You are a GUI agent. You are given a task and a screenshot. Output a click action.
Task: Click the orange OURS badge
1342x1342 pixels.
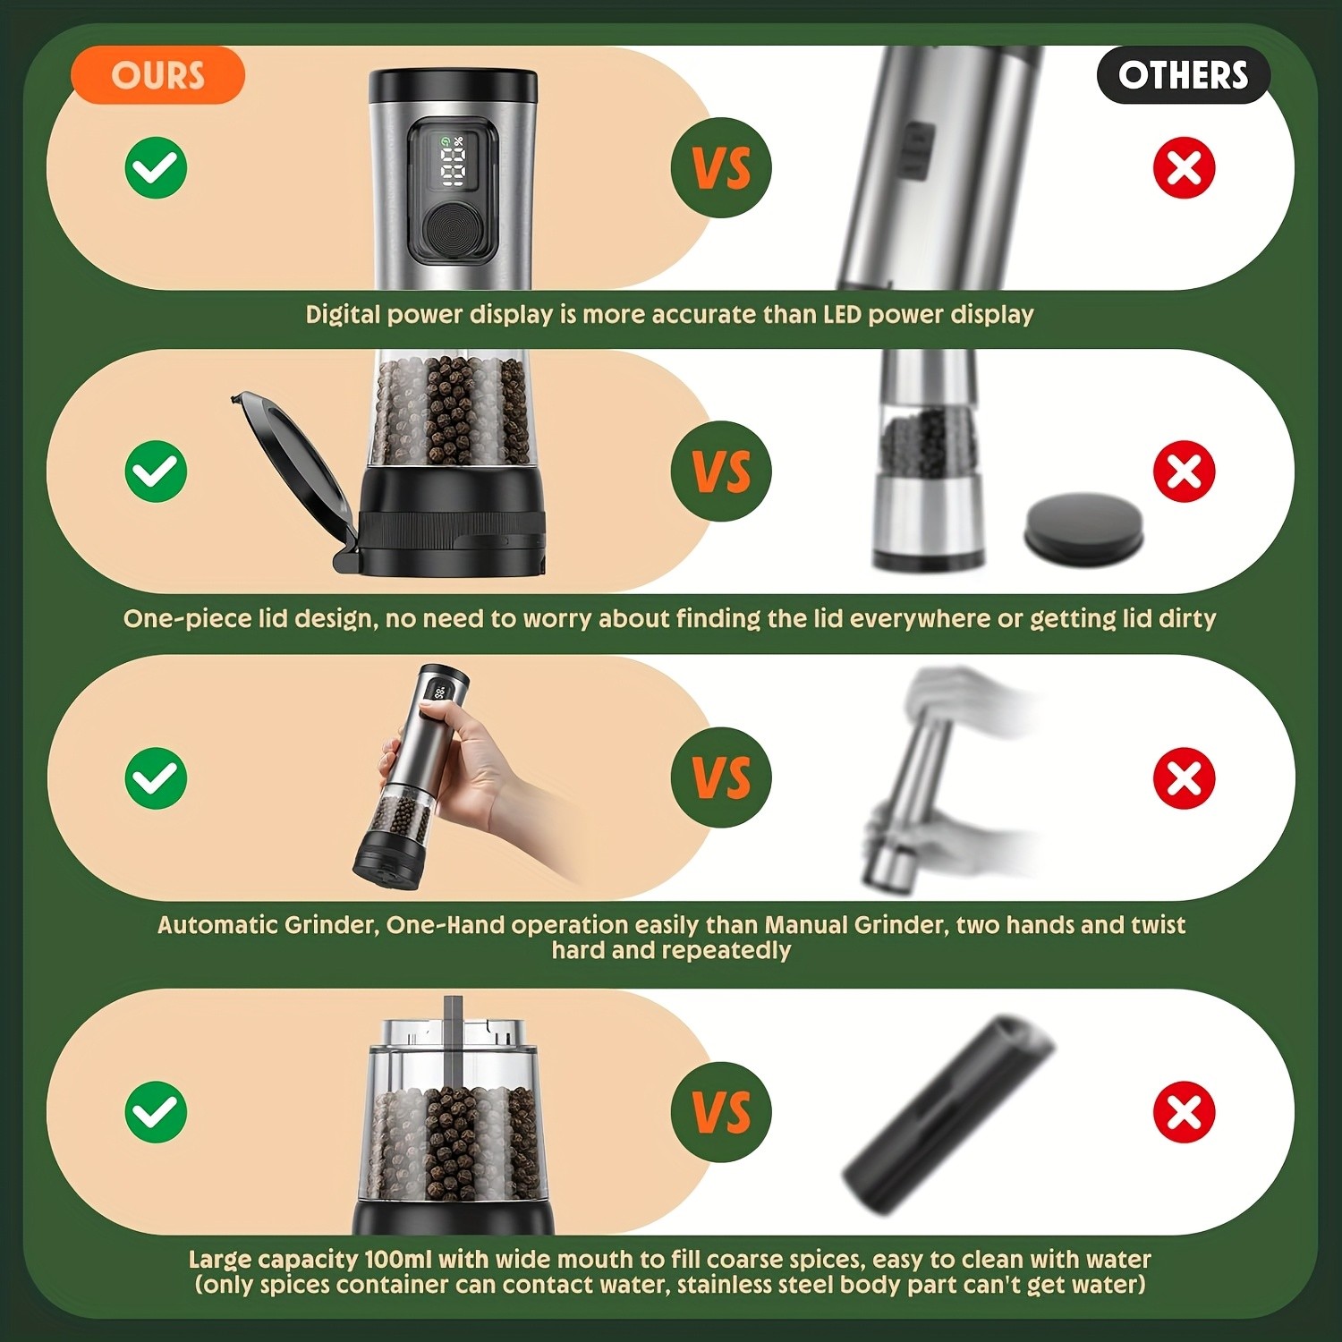coord(157,75)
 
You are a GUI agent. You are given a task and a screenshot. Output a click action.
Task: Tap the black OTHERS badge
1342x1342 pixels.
coord(1183,75)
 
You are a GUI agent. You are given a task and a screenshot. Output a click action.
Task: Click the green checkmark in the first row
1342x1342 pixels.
coord(156,167)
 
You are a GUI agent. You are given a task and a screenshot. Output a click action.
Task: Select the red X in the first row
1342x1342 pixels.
coord(1184,167)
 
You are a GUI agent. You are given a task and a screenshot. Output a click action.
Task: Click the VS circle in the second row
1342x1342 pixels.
coord(721,471)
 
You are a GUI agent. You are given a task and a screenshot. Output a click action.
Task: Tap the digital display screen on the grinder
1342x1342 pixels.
coord(453,163)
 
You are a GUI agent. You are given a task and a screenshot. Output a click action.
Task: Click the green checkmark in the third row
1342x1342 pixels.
coord(156,777)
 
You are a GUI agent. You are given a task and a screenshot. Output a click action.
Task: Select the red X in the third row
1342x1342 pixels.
coord(1184,777)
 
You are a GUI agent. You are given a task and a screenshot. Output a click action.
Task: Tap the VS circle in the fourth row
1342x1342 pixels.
coord(721,1112)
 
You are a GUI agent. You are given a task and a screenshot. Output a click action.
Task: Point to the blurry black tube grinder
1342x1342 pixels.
coord(948,1114)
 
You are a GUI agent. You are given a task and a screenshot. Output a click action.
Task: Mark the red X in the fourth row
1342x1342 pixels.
coord(1184,1112)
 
